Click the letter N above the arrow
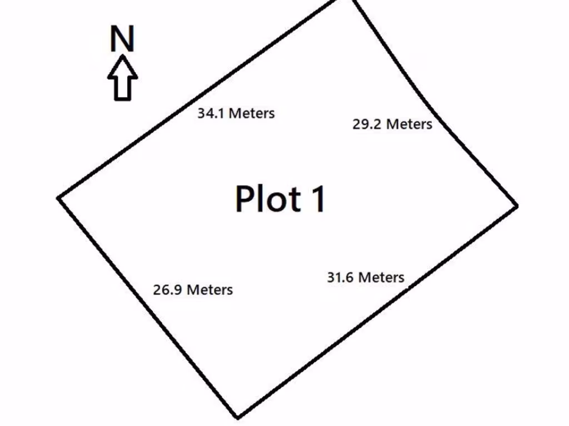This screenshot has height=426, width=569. (x=122, y=38)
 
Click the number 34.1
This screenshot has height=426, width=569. (x=211, y=113)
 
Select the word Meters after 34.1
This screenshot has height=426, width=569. (x=252, y=113)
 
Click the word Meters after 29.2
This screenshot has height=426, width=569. (x=410, y=124)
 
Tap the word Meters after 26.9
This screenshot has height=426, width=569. (x=209, y=290)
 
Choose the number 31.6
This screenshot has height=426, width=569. (x=340, y=277)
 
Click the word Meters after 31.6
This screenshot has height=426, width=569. (x=381, y=277)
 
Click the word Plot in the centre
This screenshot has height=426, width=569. (x=268, y=199)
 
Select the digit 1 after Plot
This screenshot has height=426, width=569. (x=318, y=199)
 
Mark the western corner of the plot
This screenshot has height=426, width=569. (x=58, y=198)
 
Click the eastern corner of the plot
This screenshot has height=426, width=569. (x=517, y=206)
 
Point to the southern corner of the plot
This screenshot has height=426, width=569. (x=238, y=418)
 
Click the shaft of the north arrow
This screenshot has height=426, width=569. (x=123, y=89)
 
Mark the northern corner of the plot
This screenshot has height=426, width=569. (x=345, y=1)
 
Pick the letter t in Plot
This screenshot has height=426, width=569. (x=296, y=200)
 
